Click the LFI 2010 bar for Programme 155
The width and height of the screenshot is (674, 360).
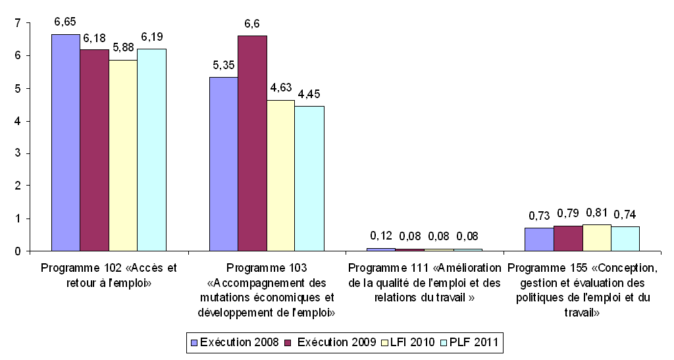(596, 238)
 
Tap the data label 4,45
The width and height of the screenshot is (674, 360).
(309, 93)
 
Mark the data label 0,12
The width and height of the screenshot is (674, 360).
(380, 235)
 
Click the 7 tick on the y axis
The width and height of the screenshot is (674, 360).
(17, 24)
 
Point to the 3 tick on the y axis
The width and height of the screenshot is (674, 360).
(17, 153)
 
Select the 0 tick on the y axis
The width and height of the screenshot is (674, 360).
(17, 251)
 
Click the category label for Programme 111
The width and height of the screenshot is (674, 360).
(425, 283)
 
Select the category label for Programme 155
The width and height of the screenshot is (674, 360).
(583, 290)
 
